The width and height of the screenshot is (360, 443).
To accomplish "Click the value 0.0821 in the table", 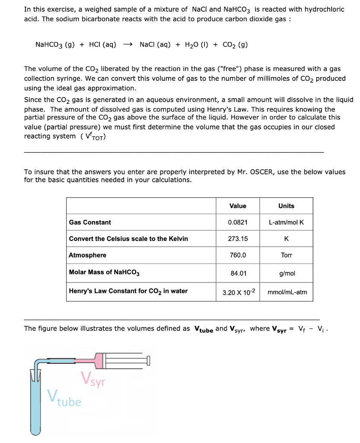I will [x=238, y=222].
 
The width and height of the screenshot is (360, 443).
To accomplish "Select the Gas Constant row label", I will [x=90, y=222].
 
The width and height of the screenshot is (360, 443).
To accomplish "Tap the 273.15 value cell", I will [x=238, y=239].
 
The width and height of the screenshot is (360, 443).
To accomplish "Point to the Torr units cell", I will [x=286, y=255].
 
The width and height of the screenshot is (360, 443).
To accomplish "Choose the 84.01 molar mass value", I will [x=238, y=273].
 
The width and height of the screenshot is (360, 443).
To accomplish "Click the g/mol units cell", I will [x=286, y=273].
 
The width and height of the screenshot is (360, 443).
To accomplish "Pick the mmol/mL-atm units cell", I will [x=287, y=292].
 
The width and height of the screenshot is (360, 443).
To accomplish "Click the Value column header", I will [x=238, y=206].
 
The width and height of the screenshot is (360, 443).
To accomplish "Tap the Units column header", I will [x=286, y=206].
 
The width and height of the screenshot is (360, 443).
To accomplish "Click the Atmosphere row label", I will [x=87, y=255].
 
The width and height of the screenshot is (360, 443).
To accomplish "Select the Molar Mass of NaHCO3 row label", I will [x=104, y=273].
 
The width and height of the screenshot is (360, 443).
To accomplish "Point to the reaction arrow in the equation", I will [x=128, y=45].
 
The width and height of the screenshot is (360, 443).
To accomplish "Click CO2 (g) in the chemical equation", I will [x=235, y=45].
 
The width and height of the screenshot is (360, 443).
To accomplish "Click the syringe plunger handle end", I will [x=148, y=360].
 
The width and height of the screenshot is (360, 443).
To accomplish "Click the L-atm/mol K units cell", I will [x=286, y=222].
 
